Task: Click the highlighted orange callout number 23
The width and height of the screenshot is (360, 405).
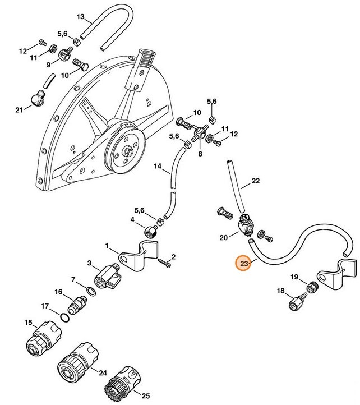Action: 243,263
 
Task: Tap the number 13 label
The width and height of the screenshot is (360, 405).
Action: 80,16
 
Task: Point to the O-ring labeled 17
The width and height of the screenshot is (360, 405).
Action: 66,318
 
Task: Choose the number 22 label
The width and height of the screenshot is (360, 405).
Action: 256,181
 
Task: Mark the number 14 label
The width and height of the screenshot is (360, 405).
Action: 158,166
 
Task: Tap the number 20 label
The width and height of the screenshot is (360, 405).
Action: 223,238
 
